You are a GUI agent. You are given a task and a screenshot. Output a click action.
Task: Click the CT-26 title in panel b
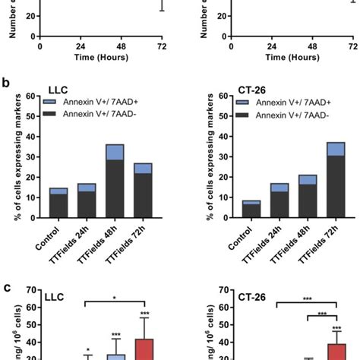coord(232,88)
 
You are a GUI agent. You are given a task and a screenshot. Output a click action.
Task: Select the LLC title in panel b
coord(59,88)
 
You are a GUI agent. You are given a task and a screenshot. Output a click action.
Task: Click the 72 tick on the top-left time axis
coord(162,46)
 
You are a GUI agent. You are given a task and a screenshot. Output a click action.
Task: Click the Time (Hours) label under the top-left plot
coord(101,57)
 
